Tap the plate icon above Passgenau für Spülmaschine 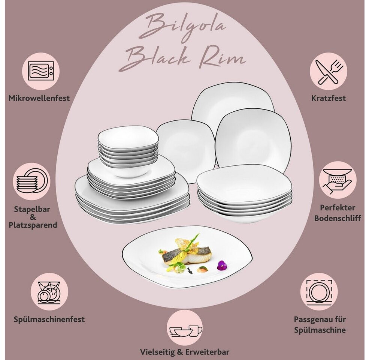(x=319, y=291)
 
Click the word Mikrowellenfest (x=39, y=99)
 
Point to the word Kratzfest (x=328, y=99)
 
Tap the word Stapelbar (x=33, y=209)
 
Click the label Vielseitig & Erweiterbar (x=184, y=352)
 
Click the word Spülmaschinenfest (x=49, y=319)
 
